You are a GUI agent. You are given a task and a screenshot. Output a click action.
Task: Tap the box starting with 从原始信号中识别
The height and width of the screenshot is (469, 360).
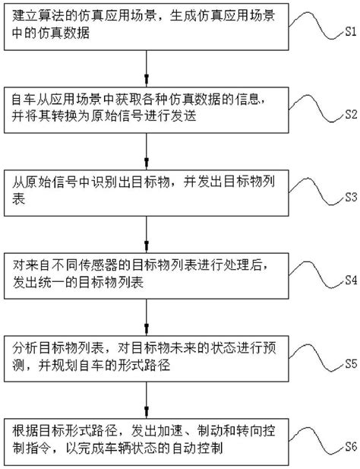click(147, 189)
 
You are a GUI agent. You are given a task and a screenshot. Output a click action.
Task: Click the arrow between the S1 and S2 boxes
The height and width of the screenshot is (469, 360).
click(147, 71)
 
